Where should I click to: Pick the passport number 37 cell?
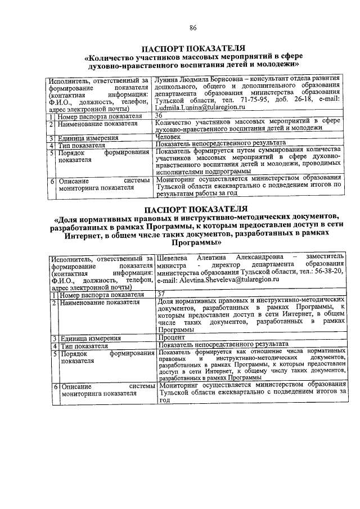[161, 294]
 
